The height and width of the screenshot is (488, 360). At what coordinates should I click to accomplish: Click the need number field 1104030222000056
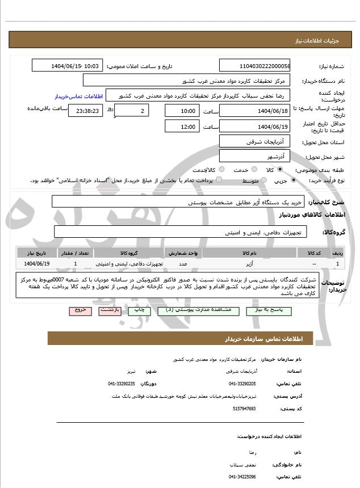[254, 66]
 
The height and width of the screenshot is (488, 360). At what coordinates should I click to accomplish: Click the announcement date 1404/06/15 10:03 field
[67, 66]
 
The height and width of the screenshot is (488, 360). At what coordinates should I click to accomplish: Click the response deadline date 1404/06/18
[254, 111]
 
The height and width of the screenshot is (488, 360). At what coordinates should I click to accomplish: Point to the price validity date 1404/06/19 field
[254, 127]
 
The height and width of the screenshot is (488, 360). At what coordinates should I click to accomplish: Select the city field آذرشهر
[254, 155]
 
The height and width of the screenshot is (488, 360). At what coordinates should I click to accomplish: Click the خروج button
[78, 311]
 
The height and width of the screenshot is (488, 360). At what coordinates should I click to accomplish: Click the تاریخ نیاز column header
[37, 253]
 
